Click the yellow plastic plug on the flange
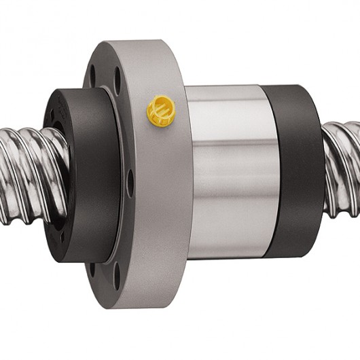point(161,111)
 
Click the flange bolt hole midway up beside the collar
point(130,183)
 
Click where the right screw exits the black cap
point(325,163)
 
